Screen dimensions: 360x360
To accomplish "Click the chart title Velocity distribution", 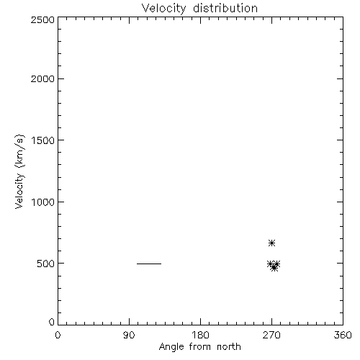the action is (199, 9).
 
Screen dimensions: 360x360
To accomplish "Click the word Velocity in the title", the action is (163, 9).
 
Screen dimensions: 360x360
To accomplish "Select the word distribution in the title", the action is (225, 8).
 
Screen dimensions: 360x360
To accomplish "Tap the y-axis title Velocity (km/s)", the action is (19, 171).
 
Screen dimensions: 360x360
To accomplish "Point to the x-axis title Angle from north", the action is (200, 347).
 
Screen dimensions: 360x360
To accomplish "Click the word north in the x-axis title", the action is (229, 346).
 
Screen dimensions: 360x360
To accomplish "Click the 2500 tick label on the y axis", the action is (42, 20).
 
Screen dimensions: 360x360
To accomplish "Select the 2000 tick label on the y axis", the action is (42, 78).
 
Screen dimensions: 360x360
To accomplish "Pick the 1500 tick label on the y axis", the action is (43, 140).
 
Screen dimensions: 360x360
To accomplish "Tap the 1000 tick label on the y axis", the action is (43, 202).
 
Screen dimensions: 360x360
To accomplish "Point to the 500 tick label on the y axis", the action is (46, 264).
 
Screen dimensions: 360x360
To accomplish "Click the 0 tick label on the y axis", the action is (52, 322).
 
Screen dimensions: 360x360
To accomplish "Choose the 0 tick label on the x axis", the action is (58, 335).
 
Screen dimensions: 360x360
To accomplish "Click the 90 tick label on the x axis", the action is (129, 335).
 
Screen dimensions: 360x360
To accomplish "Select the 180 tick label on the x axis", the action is (200, 335).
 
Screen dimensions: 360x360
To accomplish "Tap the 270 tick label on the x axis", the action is (271, 335).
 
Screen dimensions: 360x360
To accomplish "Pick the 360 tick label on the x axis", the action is (343, 335).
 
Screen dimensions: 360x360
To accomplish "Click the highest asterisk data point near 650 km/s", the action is (271, 243).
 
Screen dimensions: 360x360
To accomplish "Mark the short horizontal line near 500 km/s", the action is (149, 264).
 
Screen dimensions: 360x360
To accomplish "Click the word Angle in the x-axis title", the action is (171, 347).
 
